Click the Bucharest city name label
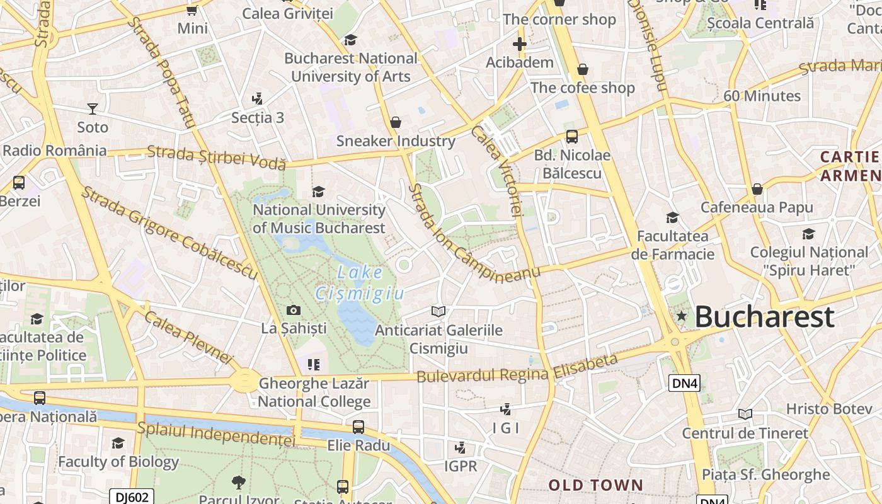765,317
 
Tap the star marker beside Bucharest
681,316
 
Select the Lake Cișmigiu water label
360,283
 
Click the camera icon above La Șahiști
293,310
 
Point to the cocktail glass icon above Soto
93,109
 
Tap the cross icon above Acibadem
519,44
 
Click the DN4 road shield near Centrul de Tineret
684,382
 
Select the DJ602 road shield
132,496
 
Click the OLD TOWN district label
595,485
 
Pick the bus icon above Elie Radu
358,427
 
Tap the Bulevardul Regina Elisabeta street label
517,369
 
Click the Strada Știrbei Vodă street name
216,157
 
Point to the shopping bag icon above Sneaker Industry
396,122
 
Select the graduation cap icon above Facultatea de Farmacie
672,218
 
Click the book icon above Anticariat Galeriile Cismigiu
438,311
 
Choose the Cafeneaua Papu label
757,207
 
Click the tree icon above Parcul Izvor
239,483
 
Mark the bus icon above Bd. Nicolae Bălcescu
572,137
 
